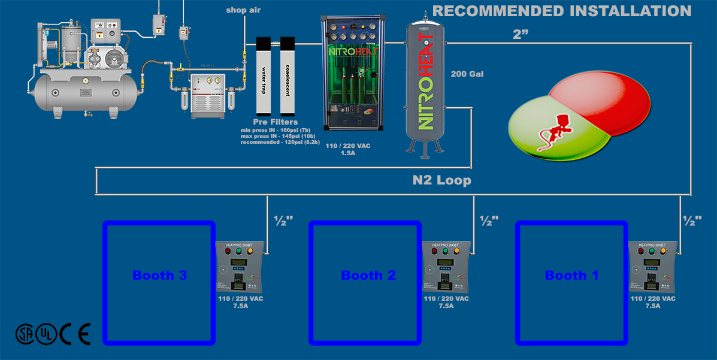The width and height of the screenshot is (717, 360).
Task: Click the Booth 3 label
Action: click(x=159, y=276)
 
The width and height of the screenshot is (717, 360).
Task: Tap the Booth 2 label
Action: click(x=368, y=276)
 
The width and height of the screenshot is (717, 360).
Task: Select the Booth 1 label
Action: click(x=571, y=276)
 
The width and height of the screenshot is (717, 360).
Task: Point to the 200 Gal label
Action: click(x=467, y=74)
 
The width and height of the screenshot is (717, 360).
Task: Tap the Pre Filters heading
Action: click(x=275, y=122)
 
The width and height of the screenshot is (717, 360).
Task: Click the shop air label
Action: click(x=243, y=10)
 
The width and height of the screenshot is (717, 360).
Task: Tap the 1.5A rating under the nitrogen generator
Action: click(x=347, y=153)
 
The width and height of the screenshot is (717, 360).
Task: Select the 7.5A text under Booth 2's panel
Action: click(x=446, y=305)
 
